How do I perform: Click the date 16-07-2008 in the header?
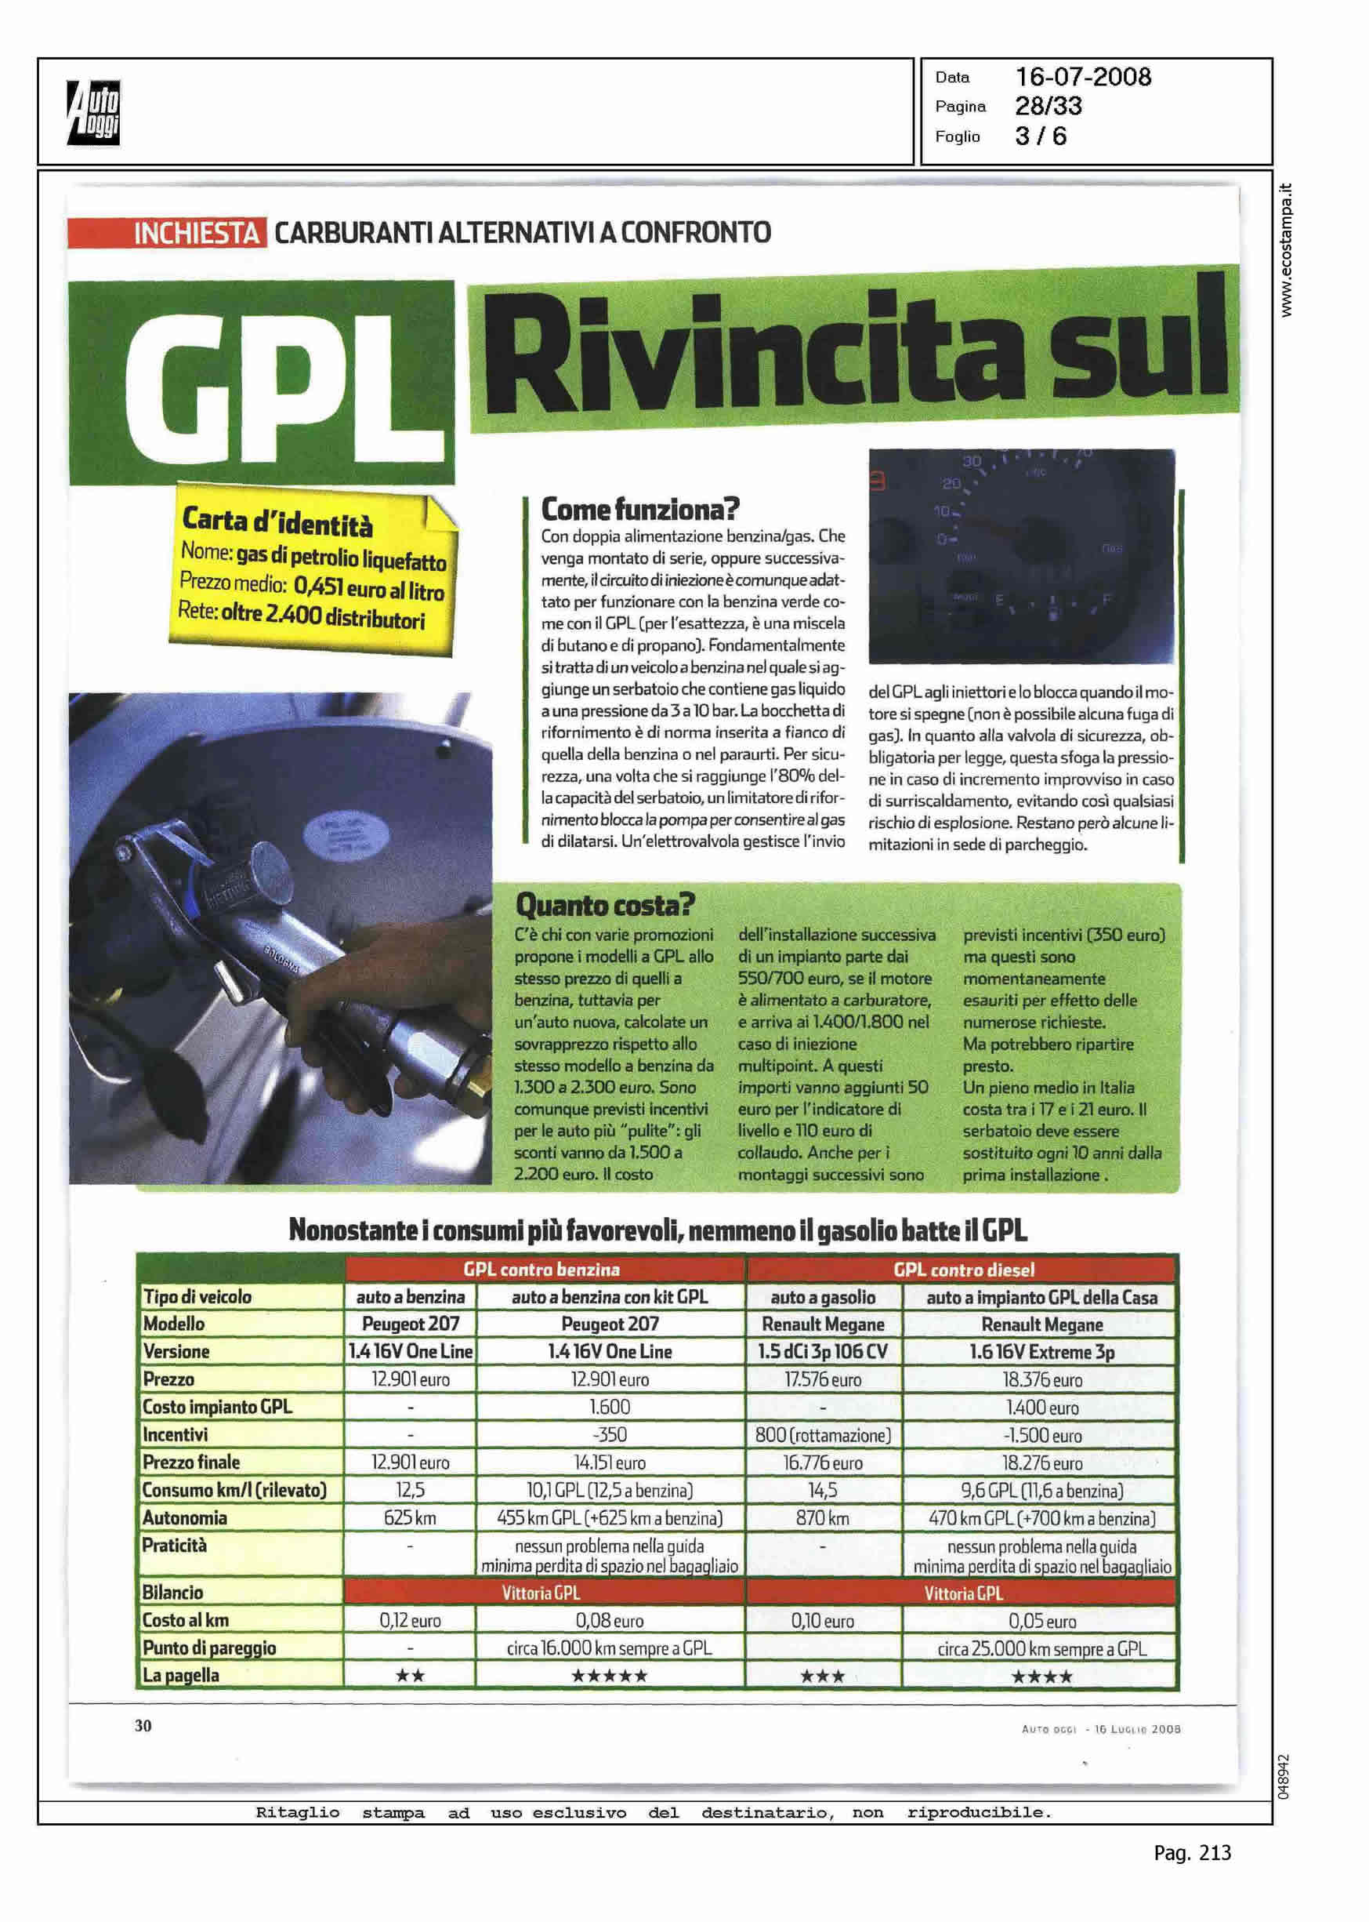tap(1082, 77)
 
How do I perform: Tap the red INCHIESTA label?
tap(197, 233)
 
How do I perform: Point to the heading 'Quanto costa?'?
tap(604, 905)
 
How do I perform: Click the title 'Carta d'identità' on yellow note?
tap(277, 523)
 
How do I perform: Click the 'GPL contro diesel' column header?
tap(962, 1270)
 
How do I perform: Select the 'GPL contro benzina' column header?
tap(541, 1270)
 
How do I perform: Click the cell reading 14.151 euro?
tap(610, 1462)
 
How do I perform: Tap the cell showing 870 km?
tap(822, 1518)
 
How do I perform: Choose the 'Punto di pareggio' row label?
tap(209, 1647)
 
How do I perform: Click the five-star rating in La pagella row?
tap(610, 1675)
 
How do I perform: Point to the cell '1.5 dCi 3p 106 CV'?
tap(823, 1351)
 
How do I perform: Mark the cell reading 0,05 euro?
tap(1041, 1620)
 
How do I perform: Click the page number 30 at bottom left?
tap(143, 1725)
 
